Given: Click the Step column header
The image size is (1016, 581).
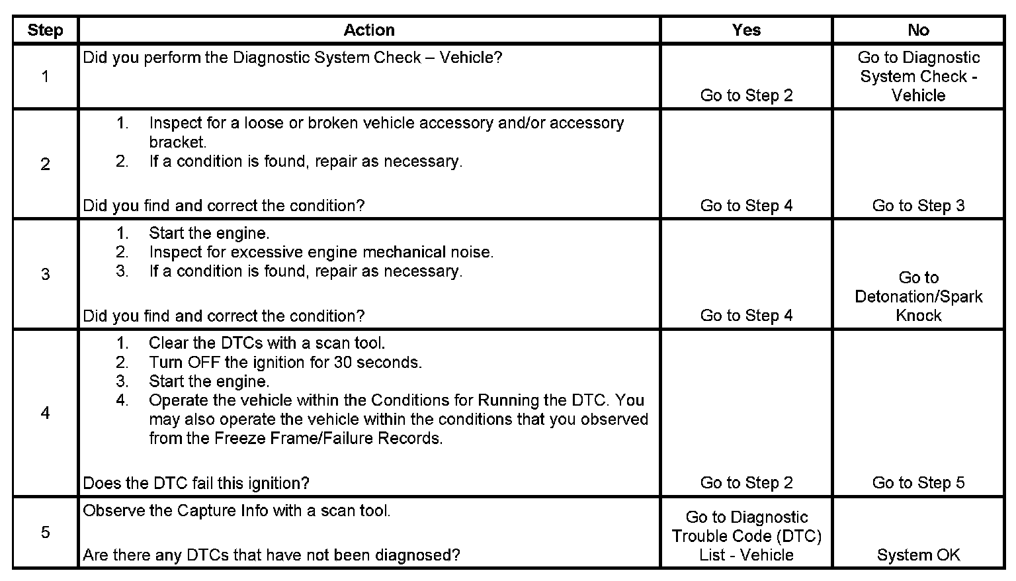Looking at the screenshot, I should [x=45, y=30].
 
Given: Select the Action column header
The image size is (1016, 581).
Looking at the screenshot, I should [x=369, y=30].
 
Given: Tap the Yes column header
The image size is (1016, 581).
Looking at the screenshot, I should [x=746, y=30].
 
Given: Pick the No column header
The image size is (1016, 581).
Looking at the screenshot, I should [x=918, y=30].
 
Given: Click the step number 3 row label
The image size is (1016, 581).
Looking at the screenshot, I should [x=45, y=274].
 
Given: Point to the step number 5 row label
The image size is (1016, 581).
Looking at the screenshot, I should [x=45, y=532].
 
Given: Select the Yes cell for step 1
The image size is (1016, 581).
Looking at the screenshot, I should [x=746, y=95].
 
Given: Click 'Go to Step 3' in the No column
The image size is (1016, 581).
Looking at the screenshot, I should [x=918, y=206].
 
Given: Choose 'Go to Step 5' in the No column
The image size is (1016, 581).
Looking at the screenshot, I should [x=918, y=483].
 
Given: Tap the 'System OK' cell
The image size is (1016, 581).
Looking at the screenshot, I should [x=918, y=555].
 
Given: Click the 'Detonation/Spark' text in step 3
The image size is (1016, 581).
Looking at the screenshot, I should [x=918, y=296].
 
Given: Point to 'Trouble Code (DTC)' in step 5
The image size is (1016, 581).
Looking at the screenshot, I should [x=746, y=536].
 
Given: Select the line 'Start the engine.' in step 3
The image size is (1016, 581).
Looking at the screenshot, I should [x=209, y=234].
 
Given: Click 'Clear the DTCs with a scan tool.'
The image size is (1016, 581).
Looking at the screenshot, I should [x=267, y=343].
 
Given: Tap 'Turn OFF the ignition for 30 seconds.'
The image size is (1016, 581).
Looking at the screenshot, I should [x=285, y=363].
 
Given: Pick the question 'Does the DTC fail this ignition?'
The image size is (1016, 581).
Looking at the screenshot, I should [x=196, y=483].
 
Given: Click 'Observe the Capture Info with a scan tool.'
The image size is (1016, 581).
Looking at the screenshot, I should [x=236, y=511].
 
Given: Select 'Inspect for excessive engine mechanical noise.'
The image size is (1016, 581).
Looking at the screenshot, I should [x=321, y=252].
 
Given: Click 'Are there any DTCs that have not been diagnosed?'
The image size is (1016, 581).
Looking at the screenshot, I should [x=271, y=555].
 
